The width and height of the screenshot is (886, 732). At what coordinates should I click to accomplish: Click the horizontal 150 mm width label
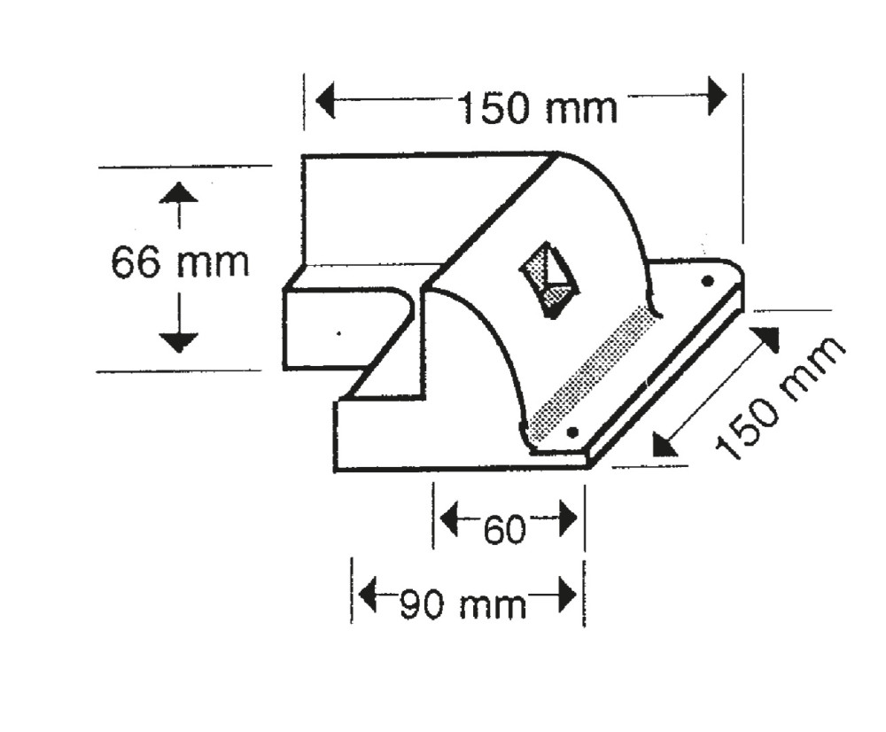tap(537, 108)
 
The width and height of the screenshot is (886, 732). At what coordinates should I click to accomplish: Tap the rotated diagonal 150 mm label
tap(780, 400)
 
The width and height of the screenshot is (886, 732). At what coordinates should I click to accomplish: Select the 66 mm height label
tap(180, 263)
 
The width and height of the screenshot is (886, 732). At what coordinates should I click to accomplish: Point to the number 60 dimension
tap(506, 530)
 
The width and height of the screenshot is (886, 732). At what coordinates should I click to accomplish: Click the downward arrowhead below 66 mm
tap(180, 340)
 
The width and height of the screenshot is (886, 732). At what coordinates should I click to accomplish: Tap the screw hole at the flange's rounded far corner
tap(707, 282)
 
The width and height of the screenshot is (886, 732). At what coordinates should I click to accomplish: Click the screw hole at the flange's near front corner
tap(572, 432)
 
